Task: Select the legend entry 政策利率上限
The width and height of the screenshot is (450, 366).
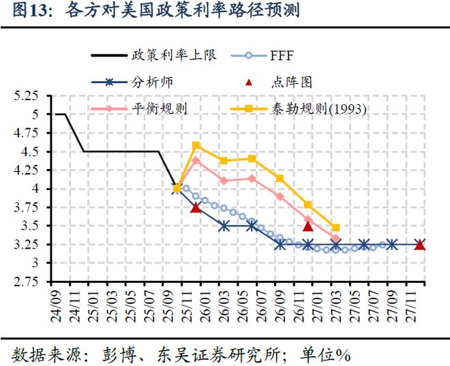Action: pyautogui.click(x=174, y=55)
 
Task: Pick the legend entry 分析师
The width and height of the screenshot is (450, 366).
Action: pyautogui.click(x=152, y=82)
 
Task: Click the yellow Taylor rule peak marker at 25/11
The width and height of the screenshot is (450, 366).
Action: pyautogui.click(x=196, y=144)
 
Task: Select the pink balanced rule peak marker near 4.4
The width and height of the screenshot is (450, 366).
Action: pyautogui.click(x=196, y=160)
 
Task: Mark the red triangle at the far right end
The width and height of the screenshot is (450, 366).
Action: pyautogui.click(x=420, y=244)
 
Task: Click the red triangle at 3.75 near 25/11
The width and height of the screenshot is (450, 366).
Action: pyautogui.click(x=196, y=207)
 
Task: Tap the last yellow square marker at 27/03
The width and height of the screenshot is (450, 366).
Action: pyautogui.click(x=335, y=228)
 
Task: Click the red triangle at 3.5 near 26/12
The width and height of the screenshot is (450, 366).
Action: pyautogui.click(x=307, y=226)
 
